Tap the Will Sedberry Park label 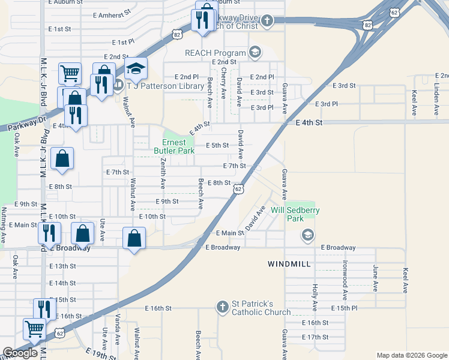click(295, 214)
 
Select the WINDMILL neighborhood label click(289, 264)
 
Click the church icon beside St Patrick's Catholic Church click(222, 307)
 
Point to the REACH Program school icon click(256, 53)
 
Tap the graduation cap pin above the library click(136, 69)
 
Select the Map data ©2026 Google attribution click(412, 355)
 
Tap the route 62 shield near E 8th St click(239, 189)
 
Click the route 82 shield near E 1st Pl click(176, 35)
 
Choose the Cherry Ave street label click(223, 83)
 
